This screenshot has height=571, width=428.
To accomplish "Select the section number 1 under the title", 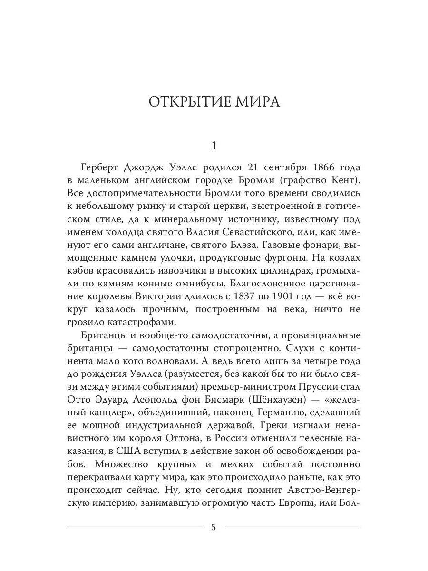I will coord(214,147).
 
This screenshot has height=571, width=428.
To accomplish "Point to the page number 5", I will coord(214,527).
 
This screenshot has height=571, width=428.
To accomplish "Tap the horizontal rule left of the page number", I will coord(135,527).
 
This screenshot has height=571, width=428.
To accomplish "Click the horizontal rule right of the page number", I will coord(292,527).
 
